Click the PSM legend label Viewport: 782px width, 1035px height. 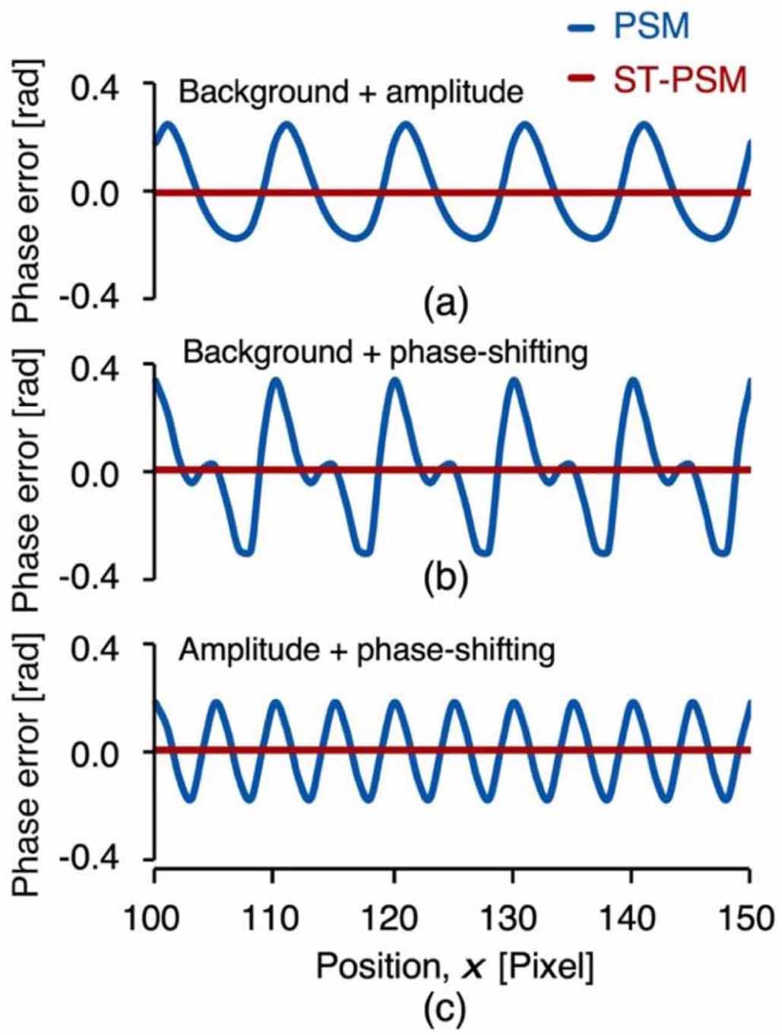point(651,28)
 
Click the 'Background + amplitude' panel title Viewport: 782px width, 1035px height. point(351,92)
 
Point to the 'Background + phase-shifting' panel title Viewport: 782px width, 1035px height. point(386,353)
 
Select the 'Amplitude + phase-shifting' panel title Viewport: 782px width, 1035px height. point(367,650)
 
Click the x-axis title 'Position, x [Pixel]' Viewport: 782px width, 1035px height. point(454,967)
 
